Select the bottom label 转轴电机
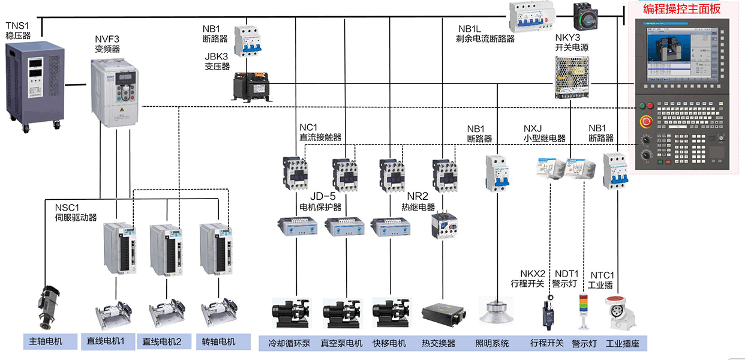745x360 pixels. coord(218,342)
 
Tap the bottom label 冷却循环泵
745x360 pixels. coord(289,343)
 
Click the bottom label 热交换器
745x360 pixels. coord(438,343)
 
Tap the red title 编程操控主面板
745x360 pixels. coord(681,8)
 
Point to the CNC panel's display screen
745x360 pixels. coord(680,54)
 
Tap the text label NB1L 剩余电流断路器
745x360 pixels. coord(486,34)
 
